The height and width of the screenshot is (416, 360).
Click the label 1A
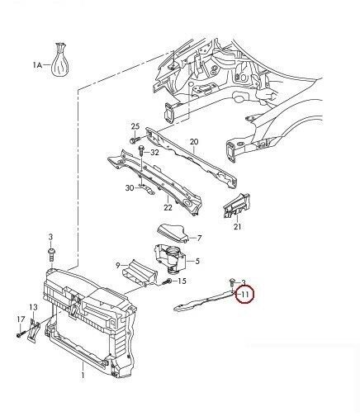pos(37,65)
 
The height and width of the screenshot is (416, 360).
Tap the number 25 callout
pos(135,126)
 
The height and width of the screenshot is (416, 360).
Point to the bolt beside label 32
pos(141,151)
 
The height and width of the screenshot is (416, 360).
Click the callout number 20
pos(194,142)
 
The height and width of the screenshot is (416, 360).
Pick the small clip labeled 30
pos(146,188)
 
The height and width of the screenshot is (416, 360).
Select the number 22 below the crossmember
pos(168,207)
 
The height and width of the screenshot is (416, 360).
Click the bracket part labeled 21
pos(237,206)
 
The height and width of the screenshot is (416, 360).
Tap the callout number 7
pos(199,238)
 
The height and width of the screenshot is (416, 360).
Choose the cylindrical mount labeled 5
pos(170,258)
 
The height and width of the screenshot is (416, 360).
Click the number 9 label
pos(118,266)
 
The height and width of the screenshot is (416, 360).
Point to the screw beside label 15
pos(167,281)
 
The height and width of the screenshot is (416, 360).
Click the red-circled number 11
pos(245,295)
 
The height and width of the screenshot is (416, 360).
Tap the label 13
pos(33,307)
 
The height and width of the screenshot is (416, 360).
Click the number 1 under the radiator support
pos(83,375)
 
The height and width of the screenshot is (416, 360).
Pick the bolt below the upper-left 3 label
pos(50,255)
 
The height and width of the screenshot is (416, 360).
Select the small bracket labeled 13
pos(34,330)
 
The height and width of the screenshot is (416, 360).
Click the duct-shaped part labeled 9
pos(140,272)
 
